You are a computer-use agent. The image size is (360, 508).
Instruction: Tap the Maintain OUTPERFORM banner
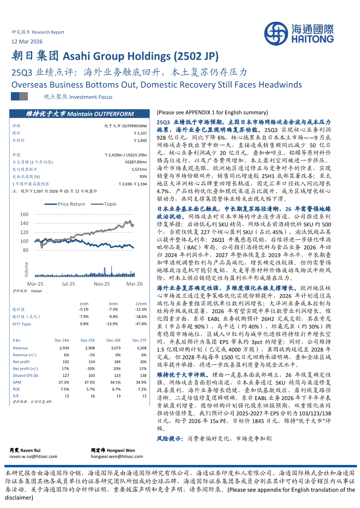(79, 114)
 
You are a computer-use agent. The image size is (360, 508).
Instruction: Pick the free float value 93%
(143, 176)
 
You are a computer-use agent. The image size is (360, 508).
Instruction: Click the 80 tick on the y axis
(25, 250)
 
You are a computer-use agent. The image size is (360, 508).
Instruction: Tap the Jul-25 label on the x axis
(68, 284)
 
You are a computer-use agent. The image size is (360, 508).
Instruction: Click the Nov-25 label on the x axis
(101, 284)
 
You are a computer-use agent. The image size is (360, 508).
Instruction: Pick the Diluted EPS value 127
(66, 375)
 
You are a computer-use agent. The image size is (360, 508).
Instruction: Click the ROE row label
(17, 389)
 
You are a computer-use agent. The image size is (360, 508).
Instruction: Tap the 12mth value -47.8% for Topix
(141, 324)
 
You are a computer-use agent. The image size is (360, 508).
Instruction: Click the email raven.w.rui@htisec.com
(27, 456)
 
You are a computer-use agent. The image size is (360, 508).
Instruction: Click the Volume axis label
(26, 270)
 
